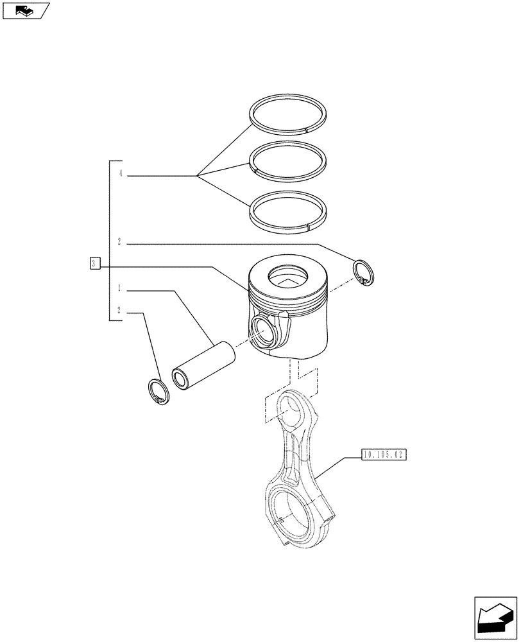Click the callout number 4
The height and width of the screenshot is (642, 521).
click(x=120, y=174)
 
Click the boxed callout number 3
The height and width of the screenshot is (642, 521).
click(x=94, y=264)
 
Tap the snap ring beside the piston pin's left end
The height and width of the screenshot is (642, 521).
click(x=158, y=392)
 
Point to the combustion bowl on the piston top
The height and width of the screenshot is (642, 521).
click(x=288, y=277)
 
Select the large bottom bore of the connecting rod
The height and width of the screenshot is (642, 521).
click(x=289, y=514)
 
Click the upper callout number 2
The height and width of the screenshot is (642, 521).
click(x=120, y=241)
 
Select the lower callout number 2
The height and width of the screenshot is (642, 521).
click(x=120, y=311)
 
